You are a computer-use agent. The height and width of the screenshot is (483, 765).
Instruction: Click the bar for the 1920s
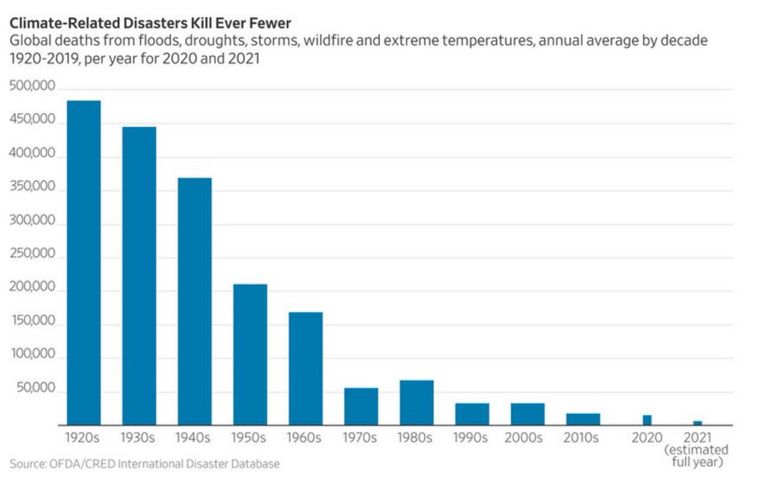pyautogui.click(x=84, y=263)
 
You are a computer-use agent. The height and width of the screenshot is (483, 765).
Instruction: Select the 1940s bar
pyautogui.click(x=194, y=301)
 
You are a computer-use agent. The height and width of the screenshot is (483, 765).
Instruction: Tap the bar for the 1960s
pyautogui.click(x=305, y=368)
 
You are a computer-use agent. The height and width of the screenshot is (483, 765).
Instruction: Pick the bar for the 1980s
pyautogui.click(x=416, y=403)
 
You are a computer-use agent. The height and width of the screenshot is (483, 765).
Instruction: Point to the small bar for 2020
pyautogui.click(x=647, y=420)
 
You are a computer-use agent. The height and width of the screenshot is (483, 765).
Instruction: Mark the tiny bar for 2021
pyautogui.click(x=697, y=423)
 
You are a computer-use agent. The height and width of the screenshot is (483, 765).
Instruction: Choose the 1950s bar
pyautogui.click(x=250, y=354)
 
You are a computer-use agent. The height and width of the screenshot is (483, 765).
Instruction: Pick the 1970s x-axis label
pyautogui.click(x=360, y=438)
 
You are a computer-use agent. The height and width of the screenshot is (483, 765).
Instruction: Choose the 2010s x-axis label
pyautogui.click(x=582, y=438)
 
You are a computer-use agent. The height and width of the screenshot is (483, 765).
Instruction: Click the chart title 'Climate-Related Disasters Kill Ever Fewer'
pyautogui.click(x=150, y=24)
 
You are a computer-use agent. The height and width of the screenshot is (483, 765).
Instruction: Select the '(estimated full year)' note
pyautogui.click(x=697, y=456)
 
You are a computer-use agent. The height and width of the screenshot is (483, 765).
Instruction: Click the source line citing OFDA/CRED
pyautogui.click(x=145, y=464)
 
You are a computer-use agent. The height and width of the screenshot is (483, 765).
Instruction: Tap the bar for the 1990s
pyautogui.click(x=472, y=414)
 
